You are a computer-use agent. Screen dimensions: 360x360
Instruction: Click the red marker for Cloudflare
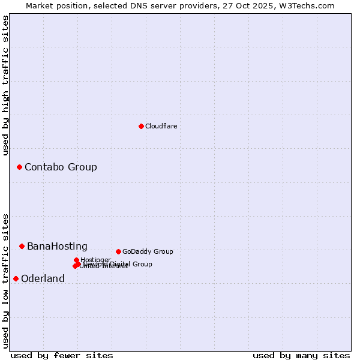[x=142, y=126]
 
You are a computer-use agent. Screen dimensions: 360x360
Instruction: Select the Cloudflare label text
[x=161, y=126]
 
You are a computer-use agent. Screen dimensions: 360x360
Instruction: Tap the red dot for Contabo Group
[x=19, y=167]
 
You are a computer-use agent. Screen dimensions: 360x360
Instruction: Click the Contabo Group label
[x=61, y=167]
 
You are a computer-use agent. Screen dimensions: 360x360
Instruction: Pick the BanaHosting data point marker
[x=22, y=246]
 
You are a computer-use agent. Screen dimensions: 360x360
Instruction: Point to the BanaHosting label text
[x=57, y=246]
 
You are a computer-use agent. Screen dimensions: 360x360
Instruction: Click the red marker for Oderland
[x=16, y=278]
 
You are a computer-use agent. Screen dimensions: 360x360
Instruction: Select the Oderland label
[x=43, y=278]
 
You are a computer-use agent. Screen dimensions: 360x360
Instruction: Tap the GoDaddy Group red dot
[x=118, y=251]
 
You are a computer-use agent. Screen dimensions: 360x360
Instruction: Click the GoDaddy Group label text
[x=148, y=251]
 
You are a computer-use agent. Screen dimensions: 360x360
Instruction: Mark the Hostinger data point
[x=77, y=260]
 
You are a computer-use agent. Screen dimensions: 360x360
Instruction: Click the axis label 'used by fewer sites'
[x=62, y=355]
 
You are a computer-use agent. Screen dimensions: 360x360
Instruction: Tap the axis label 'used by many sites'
[x=301, y=355]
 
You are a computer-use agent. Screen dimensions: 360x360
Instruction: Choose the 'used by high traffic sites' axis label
[x=6, y=86]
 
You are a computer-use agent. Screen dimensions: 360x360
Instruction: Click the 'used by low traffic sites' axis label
[x=6, y=281]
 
